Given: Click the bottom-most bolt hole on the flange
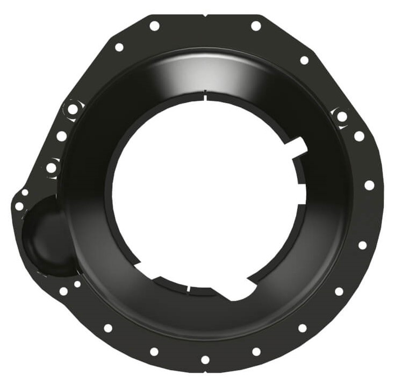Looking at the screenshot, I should tap(205, 359).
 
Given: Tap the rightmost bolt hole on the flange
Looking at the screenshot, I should tap(369, 185).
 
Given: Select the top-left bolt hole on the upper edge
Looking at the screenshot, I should tap(154, 26).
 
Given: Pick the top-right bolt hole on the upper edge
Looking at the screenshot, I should tap(256, 26).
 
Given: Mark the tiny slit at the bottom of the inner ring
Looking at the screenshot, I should tap(188, 290).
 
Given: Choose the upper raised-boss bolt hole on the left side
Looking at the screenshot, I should tap(72, 109).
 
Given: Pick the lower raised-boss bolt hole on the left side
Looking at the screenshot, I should tap(51, 168).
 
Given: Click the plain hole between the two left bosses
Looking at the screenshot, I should tap(62, 136).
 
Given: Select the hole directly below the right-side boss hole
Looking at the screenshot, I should tap(359, 136).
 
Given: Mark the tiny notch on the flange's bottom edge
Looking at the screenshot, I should tap(205, 371).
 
